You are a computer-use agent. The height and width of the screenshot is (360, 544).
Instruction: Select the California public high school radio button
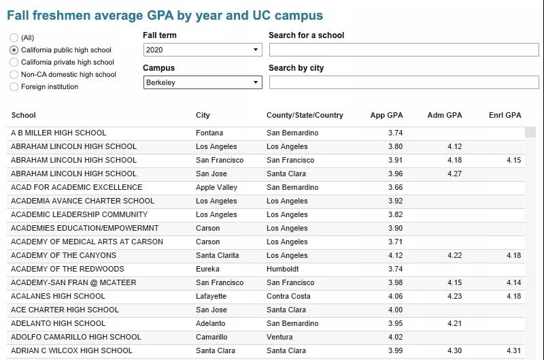[14, 50]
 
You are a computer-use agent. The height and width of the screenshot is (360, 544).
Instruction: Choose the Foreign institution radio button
[14, 87]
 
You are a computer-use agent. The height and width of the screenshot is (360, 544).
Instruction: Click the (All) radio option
[14, 38]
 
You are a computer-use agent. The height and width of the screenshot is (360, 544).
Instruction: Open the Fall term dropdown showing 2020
[203, 50]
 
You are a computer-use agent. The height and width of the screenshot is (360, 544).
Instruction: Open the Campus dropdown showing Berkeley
[203, 82]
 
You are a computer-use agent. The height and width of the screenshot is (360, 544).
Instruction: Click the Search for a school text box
[403, 50]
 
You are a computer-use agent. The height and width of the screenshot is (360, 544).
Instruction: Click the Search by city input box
[403, 82]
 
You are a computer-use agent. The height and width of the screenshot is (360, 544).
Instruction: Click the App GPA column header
[386, 115]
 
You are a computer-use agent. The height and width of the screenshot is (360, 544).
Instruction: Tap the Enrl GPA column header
[505, 115]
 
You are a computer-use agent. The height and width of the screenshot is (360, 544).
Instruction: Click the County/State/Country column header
[305, 115]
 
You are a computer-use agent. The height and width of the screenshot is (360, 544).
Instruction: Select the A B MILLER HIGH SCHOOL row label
[58, 133]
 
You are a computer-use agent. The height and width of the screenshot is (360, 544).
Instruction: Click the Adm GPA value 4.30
[454, 350]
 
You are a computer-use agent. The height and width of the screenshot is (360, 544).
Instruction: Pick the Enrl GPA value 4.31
[513, 350]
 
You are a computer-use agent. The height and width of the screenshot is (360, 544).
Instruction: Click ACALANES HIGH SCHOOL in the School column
[58, 296]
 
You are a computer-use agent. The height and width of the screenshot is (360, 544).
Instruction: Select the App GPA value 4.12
[395, 255]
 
